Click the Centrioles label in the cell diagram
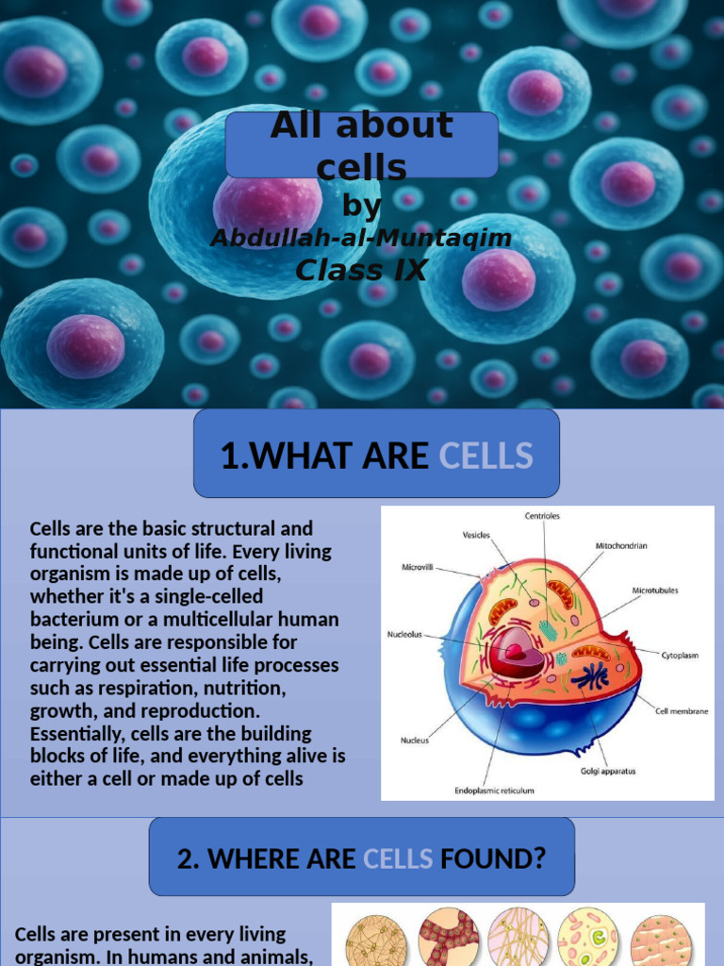click(x=542, y=516)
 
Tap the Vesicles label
click(x=476, y=535)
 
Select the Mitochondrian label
click(x=621, y=546)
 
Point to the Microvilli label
click(x=418, y=567)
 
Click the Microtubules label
click(x=655, y=591)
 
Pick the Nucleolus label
click(x=404, y=634)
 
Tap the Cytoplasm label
click(x=680, y=656)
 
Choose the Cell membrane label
click(x=682, y=711)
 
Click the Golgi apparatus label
click(x=608, y=771)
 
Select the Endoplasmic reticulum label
click(x=494, y=791)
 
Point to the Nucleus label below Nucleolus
click(x=415, y=740)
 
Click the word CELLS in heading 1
click(x=485, y=456)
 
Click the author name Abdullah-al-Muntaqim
click(x=361, y=238)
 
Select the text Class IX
click(x=361, y=270)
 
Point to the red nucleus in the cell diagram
click(x=516, y=652)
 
